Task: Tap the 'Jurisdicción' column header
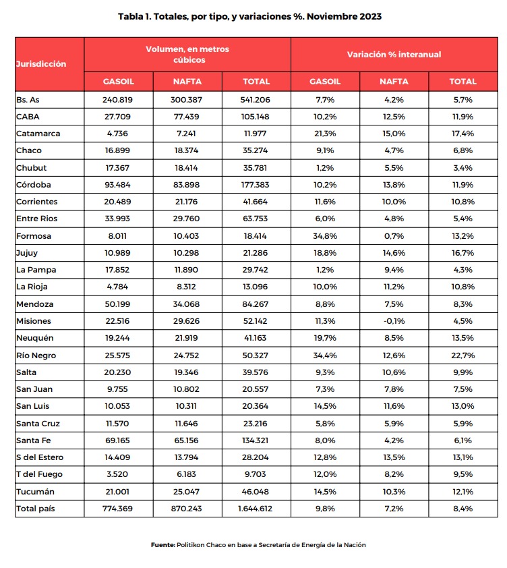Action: (41, 64)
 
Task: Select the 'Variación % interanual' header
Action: (394, 54)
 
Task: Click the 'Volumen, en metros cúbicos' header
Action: (187, 54)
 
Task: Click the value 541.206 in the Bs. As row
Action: (256, 100)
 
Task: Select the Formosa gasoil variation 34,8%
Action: (325, 236)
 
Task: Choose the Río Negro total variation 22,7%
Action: (463, 356)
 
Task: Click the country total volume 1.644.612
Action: (256, 509)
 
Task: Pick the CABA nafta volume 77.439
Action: (187, 117)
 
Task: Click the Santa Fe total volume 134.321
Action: (256, 441)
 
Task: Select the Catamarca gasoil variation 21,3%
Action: (325, 134)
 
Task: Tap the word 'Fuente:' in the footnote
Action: (162, 544)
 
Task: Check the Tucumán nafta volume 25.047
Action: (187, 492)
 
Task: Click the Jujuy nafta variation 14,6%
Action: (394, 253)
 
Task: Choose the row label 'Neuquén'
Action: (34, 339)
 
